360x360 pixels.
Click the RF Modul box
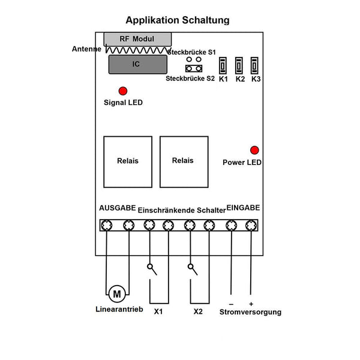[137, 39]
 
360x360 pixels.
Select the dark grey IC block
[138, 64]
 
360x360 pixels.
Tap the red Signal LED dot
[123, 91]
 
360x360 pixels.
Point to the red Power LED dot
[254, 150]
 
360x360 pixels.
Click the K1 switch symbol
[223, 65]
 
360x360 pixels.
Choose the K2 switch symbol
[239, 65]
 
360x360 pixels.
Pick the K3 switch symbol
[254, 65]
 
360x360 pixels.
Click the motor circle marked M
[117, 294]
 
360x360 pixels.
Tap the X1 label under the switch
[158, 311]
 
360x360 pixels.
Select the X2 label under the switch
[198, 311]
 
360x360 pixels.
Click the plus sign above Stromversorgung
[251, 304]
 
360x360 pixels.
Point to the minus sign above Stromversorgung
[231, 304]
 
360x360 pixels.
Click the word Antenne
[86, 49]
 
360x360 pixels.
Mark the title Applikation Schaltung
[178, 20]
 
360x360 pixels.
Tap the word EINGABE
[243, 208]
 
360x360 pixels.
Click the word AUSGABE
[118, 208]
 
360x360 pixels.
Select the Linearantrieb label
[119, 309]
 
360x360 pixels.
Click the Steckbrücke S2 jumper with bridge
[194, 68]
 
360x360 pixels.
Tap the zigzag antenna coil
[138, 50]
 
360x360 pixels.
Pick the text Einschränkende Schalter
[182, 211]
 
